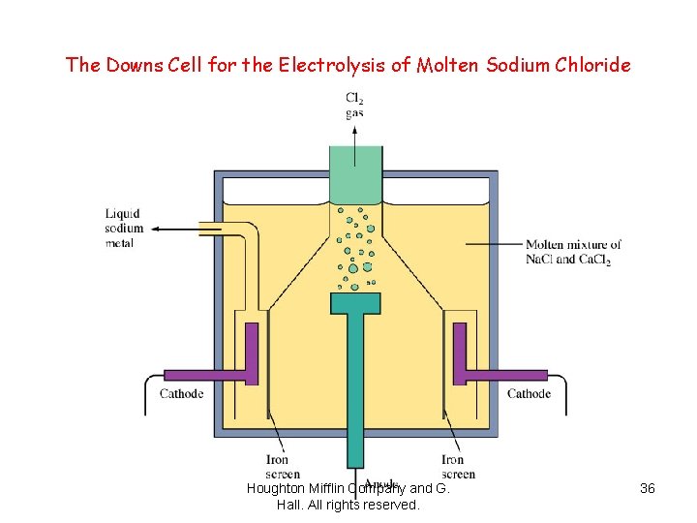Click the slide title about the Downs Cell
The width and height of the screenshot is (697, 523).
[348, 66]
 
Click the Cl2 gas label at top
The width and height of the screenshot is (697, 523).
[355, 105]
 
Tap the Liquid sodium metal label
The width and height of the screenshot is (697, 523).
[124, 229]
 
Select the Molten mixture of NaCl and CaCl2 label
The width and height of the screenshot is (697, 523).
[573, 252]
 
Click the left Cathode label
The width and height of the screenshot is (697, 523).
[181, 394]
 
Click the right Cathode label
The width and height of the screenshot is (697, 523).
[529, 394]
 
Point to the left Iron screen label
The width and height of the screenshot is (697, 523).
[277, 467]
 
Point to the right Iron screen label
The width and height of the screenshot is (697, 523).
[458, 467]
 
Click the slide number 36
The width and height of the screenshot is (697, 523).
[648, 489]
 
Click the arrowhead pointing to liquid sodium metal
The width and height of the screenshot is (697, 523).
[154, 230]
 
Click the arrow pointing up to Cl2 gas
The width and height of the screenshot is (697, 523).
[356, 136]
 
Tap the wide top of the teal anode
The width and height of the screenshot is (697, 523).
[356, 303]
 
